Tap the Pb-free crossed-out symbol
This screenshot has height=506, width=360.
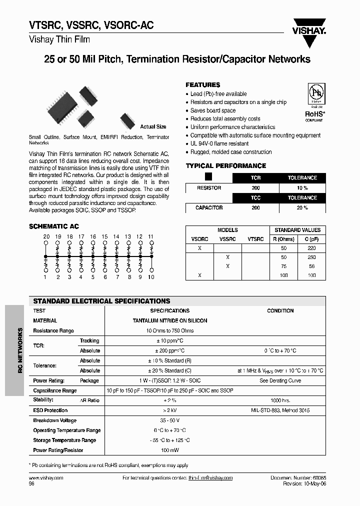(315, 93)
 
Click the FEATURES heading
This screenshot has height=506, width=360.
(203, 85)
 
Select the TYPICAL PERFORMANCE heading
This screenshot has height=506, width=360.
(226, 166)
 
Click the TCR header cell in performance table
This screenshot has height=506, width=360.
(255, 178)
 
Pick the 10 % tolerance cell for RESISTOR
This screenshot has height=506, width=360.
(302, 188)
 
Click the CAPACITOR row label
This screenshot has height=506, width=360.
(209, 207)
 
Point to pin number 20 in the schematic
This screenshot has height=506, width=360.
(46, 236)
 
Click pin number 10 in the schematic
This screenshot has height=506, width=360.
(151, 277)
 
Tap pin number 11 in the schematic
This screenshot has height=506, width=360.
(151, 236)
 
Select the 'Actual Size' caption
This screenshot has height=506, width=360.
(153, 127)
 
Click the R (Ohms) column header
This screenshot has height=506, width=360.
(283, 239)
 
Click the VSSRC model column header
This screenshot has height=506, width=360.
(227, 239)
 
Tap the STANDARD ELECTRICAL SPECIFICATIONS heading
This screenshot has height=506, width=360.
(101, 301)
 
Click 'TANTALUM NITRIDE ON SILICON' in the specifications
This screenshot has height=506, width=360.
(170, 320)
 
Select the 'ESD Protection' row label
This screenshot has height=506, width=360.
(50, 410)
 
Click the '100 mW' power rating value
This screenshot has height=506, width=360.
(170, 450)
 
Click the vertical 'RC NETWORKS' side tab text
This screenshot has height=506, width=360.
(20, 350)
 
